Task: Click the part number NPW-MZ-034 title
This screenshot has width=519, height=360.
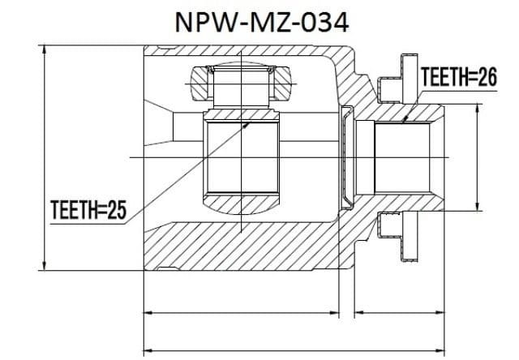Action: [x=261, y=23]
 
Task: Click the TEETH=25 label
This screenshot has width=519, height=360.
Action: [x=88, y=210]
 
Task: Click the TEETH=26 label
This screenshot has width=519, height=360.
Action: [x=459, y=77]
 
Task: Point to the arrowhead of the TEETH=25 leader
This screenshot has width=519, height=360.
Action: [x=246, y=125]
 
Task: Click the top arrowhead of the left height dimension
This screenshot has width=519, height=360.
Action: [x=44, y=50]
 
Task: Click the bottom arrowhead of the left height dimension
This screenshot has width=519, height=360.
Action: [x=44, y=264]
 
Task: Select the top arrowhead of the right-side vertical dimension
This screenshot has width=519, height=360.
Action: [x=477, y=109]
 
